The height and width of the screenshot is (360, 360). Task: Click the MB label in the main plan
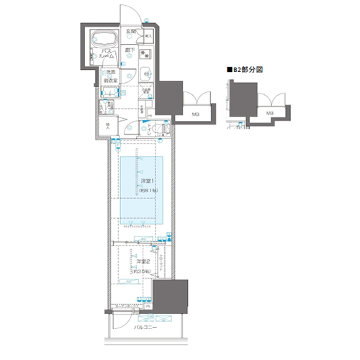point(195,112)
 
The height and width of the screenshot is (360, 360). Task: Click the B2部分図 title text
point(248,71)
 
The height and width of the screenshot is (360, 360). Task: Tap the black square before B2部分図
point(230,71)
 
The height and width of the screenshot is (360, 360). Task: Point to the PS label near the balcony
point(149,306)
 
